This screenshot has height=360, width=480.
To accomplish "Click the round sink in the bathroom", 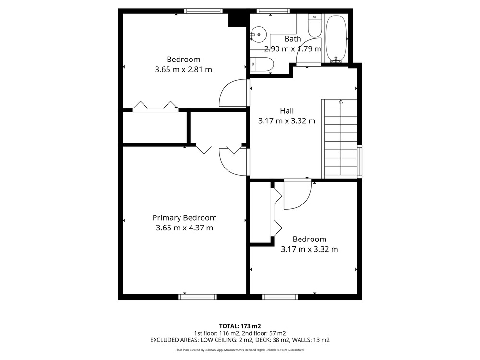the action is (259, 34).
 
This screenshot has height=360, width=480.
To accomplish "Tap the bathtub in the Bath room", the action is (336, 39).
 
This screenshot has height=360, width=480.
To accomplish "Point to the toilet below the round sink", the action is (262, 64).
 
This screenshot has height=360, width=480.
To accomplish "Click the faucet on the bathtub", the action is (336, 60).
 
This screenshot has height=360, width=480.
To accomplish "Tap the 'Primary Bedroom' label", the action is (185, 217).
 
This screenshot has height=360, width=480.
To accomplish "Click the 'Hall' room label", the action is (287, 110).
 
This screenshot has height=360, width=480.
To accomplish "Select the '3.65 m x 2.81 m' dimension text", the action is (183, 69).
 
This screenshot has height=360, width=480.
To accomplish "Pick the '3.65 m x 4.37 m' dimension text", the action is (185, 228).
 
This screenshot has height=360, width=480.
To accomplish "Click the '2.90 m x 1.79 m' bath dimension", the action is (293, 48).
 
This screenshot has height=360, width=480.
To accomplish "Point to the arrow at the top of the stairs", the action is (341, 102).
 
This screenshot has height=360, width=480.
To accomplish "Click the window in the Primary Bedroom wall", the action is (197, 297).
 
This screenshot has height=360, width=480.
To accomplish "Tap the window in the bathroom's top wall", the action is (273, 11).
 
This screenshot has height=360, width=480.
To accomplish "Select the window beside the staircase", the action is (360, 161).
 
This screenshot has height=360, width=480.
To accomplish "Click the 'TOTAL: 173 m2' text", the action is (240, 326).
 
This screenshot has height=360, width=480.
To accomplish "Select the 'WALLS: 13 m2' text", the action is (311, 340).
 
